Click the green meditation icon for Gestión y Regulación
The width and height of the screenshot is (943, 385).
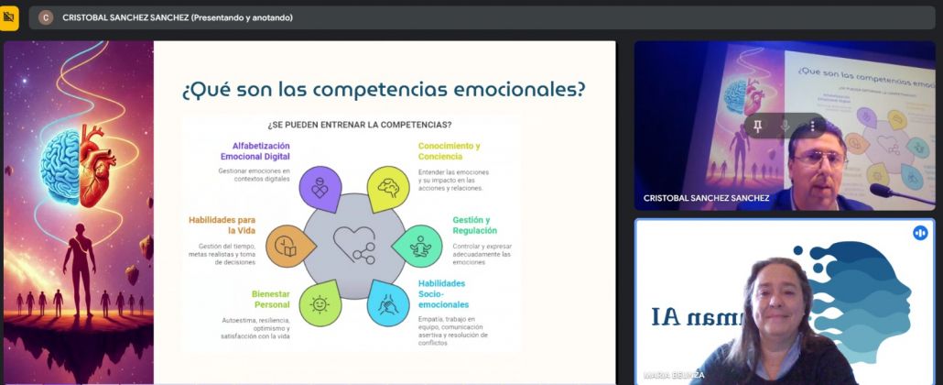[420, 246]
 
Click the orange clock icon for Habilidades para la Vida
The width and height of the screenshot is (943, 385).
[285, 246]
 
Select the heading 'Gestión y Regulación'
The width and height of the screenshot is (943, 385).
[471, 225]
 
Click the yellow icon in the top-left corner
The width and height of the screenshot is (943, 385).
[9, 16]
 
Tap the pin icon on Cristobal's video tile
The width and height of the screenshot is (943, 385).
[758, 125]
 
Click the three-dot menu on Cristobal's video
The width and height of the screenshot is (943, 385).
[812, 125]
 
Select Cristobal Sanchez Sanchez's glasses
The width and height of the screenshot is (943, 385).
[817, 157]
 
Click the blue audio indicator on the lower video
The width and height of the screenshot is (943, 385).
[920, 233]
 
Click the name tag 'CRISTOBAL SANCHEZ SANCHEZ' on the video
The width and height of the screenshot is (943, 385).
[706, 198]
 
